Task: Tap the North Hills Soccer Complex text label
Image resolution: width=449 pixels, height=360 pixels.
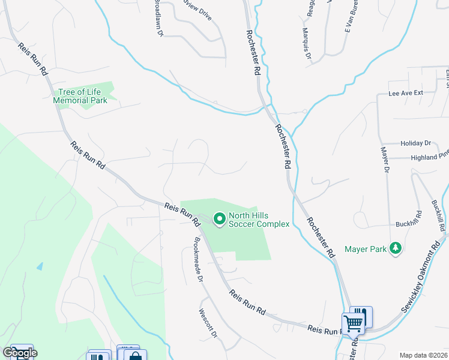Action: click(259, 220)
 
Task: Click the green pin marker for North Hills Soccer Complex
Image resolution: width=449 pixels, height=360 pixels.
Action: click(219, 220)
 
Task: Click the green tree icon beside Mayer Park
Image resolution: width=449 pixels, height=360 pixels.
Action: click(395, 248)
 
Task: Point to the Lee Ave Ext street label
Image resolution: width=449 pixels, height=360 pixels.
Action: click(406, 93)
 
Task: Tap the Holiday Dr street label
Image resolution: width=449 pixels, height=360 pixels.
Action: click(415, 143)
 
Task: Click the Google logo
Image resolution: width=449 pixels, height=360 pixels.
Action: click(20, 353)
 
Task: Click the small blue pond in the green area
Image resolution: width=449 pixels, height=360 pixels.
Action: click(40, 266)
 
